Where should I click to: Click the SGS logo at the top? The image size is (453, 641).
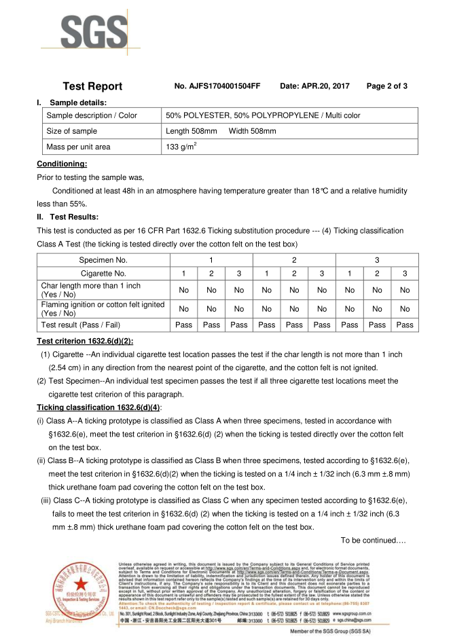click(92, 31)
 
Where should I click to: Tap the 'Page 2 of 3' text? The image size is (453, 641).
click(386, 86)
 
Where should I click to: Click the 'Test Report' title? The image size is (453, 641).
click(92, 86)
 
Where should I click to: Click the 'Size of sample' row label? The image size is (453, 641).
click(71, 131)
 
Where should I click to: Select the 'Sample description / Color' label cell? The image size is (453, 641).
click(91, 115)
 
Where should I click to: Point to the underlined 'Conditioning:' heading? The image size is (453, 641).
click(62, 164)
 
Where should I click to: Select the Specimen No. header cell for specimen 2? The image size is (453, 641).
click(293, 260)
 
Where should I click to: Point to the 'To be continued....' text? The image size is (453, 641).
click(373, 540)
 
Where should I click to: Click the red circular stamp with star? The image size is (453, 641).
click(82, 589)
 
